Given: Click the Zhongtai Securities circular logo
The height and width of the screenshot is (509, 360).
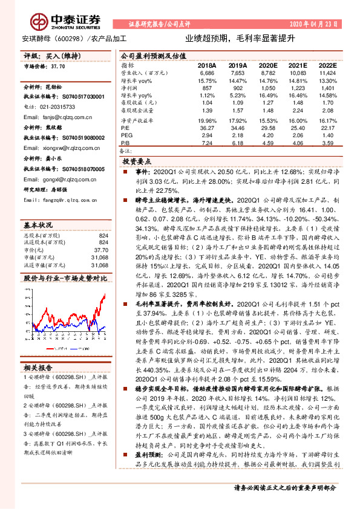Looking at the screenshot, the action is click(41, 22).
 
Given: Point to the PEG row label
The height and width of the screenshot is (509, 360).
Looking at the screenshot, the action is click(126, 135).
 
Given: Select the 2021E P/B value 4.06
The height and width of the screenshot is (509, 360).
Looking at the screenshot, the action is click(294, 143).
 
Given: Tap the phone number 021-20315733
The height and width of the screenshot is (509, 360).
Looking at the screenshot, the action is click(54, 106).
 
